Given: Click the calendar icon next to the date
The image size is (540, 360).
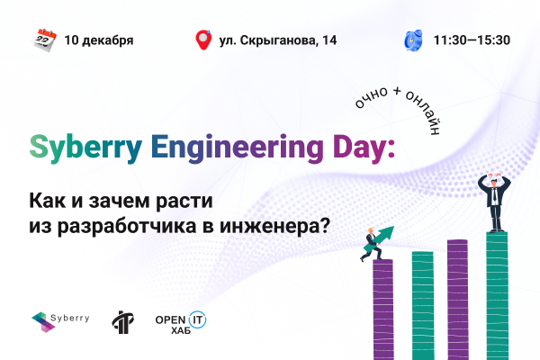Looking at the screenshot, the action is (44, 40).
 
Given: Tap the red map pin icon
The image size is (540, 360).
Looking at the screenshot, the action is (203, 40).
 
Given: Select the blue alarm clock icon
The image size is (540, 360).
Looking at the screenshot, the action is (413, 40).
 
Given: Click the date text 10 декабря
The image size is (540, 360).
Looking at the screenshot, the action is (99, 40).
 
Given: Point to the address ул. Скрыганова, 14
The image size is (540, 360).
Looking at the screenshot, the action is (278, 40).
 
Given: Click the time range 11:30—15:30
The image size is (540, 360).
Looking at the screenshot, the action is (472, 40).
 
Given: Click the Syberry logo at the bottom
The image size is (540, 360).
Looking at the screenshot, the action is (60, 321).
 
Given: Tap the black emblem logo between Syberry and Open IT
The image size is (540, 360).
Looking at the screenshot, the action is (123, 322).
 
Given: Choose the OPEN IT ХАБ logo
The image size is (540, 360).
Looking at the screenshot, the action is (181, 322).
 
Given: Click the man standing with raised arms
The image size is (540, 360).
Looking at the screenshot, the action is (494, 202).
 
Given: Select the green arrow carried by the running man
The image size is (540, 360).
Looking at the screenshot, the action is (379, 238).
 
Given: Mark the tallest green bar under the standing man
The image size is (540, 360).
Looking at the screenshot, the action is (497, 296).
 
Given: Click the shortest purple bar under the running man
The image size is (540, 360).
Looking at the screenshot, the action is (383, 310).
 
